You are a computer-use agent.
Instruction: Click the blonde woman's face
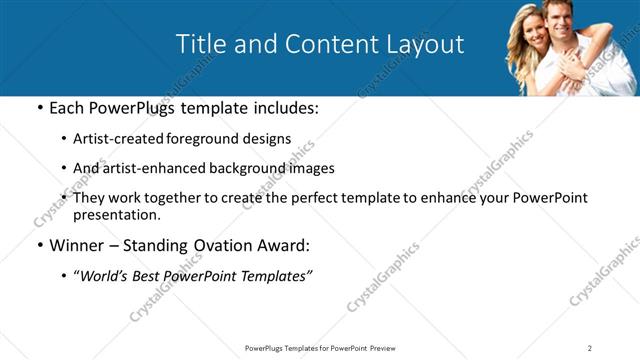[537, 34]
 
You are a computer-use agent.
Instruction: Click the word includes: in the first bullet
[283, 108]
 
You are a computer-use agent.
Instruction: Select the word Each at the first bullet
[66, 108]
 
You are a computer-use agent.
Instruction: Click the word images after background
[308, 168]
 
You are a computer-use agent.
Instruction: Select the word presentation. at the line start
[116, 214]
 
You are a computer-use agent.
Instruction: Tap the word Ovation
[222, 245]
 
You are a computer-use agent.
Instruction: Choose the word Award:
[285, 245]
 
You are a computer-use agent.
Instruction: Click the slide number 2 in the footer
[590, 347]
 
